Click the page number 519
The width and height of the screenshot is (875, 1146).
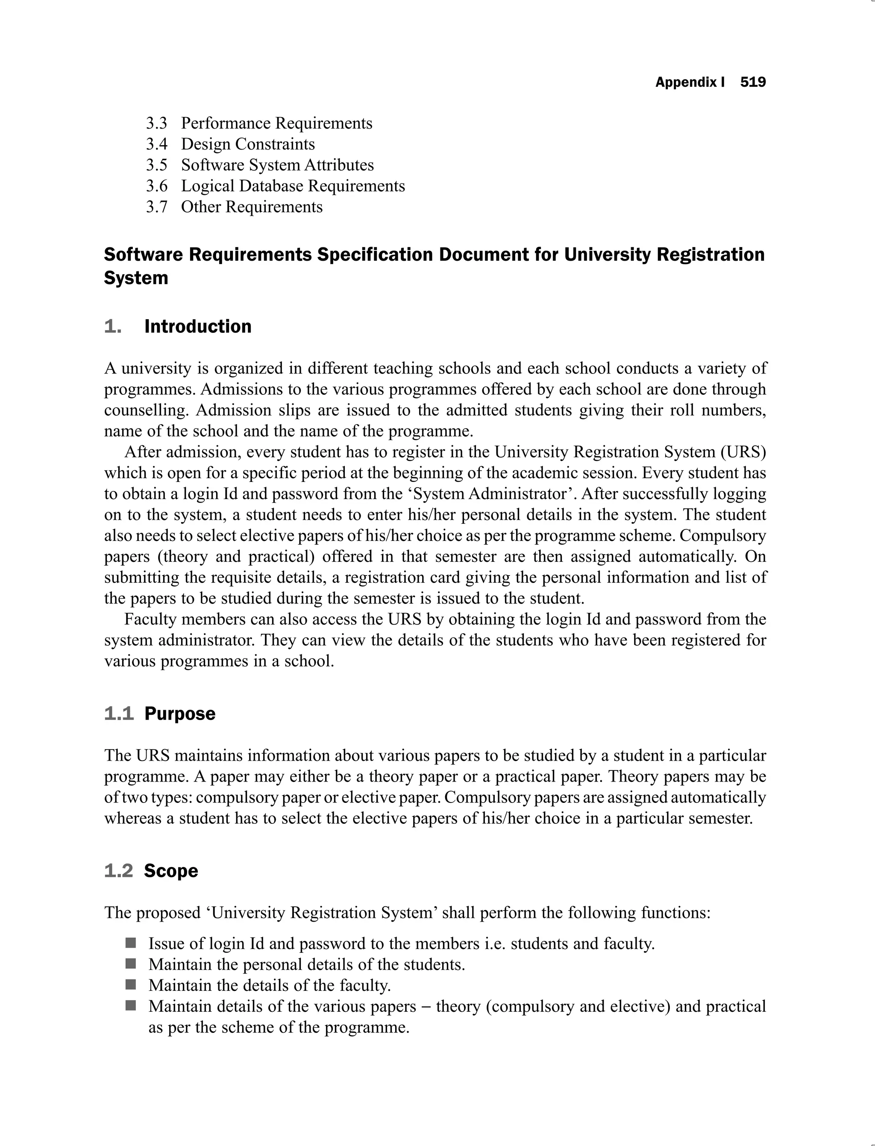pos(753,82)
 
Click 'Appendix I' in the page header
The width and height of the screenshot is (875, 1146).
pos(690,82)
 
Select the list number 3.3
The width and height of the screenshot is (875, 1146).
pos(156,123)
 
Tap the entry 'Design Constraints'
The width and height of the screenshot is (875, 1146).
pos(248,144)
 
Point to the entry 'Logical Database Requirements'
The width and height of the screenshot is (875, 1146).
pos(293,186)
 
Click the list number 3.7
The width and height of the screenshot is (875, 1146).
pos(156,207)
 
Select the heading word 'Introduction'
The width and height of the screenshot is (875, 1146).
pos(198,326)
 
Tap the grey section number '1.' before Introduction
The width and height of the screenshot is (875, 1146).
pos(112,326)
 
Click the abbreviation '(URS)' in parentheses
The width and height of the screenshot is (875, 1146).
pos(746,452)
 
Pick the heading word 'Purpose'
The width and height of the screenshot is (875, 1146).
pos(180,714)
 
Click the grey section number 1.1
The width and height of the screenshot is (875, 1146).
pos(119,714)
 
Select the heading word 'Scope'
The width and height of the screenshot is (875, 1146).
pos(171,871)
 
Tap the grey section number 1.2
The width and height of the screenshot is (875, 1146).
pos(119,871)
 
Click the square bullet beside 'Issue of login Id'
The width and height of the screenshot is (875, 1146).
pos(131,943)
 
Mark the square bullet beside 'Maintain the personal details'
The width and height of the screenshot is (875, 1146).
pos(131,964)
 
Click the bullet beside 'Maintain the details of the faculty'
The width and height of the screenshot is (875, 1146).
pos(131,984)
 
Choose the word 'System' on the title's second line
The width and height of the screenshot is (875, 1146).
pos(136,278)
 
